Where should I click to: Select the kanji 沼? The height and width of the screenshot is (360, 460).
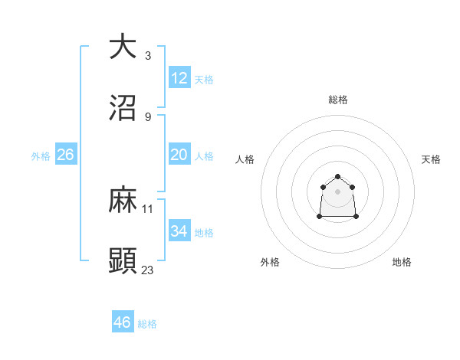tap(123, 107)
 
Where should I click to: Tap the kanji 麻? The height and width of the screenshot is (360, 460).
tap(123, 200)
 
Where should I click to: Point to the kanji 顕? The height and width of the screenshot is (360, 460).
tap(123, 260)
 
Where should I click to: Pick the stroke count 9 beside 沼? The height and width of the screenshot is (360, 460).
tap(148, 116)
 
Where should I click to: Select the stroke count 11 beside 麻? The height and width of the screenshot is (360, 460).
tap(148, 208)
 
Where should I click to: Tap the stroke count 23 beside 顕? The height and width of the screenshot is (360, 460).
tap(148, 270)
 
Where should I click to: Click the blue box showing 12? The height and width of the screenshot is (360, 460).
tap(179, 78)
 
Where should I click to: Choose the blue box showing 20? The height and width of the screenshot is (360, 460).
tap(179, 155)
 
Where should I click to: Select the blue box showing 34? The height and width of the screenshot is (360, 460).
tap(179, 231)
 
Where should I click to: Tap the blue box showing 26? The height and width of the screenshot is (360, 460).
tap(66, 155)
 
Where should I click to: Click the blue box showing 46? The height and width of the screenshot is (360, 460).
tap(123, 322)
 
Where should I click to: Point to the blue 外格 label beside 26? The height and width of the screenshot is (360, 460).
tap(41, 156)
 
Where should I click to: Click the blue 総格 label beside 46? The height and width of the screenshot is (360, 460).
tap(147, 324)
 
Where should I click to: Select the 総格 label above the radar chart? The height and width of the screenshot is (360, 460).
tap(338, 100)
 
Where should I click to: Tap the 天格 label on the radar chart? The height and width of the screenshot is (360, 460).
tap(432, 159)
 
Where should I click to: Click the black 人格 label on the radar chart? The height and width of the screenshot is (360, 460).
tap(245, 159)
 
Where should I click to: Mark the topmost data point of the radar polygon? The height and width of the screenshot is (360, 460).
tap(338, 175)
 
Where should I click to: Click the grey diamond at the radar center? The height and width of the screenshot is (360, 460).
tap(338, 191)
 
